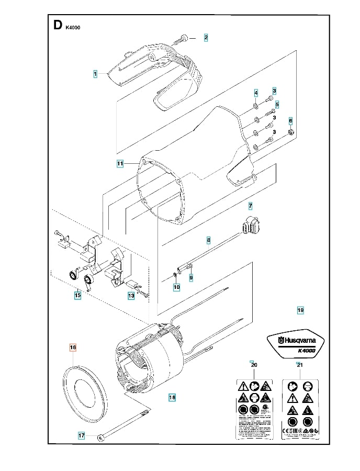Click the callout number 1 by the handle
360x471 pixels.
tap(95, 74)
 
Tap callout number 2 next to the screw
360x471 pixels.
tap(206, 37)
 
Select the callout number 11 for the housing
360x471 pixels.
tap(120, 164)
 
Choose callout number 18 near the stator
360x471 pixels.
tap(172, 397)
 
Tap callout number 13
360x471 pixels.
tap(131, 296)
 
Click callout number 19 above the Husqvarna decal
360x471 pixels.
tap(300, 310)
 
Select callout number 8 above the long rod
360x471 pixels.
tap(208, 240)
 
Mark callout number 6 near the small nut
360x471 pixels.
tap(291, 121)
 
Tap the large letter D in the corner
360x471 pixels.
tap(58, 26)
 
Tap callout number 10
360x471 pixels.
tap(176, 287)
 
